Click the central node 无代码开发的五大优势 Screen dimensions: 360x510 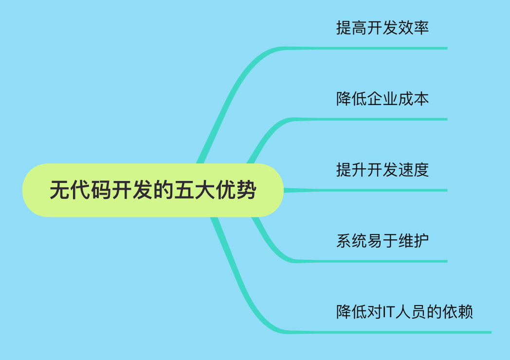pyautogui.click(x=153, y=190)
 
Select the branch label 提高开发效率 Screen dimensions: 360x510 pyautogui.click(x=382, y=28)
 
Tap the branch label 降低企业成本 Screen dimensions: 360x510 pyautogui.click(x=382, y=99)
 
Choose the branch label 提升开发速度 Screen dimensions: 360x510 pyautogui.click(x=382, y=170)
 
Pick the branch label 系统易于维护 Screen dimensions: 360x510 pyautogui.click(x=382, y=241)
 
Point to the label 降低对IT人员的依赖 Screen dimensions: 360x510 pyautogui.click(x=405, y=312)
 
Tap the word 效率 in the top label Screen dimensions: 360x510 pyautogui.click(x=414, y=28)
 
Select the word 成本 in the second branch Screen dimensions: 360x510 pyautogui.click(x=414, y=99)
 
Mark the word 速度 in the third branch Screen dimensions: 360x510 pyautogui.click(x=414, y=170)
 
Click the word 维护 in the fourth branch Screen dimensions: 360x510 pyautogui.click(x=414, y=241)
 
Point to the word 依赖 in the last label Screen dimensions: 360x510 pyautogui.click(x=458, y=312)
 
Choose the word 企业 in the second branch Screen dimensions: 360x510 pyautogui.click(x=382, y=99)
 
